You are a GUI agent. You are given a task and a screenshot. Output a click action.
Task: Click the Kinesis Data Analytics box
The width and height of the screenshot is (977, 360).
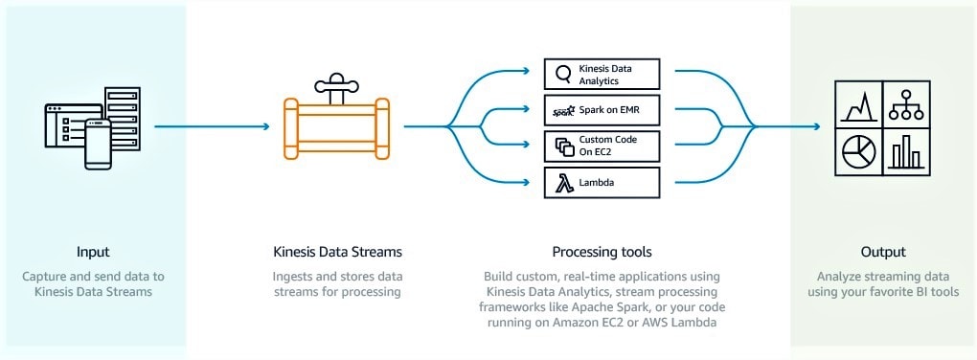pyautogui.click(x=602, y=75)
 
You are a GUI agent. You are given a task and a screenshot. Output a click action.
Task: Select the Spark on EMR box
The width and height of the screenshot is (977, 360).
pyautogui.click(x=602, y=111)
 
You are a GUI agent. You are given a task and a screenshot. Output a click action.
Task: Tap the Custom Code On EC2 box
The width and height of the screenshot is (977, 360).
pyautogui.click(x=602, y=146)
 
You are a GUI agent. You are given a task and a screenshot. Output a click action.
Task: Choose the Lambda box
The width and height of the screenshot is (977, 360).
pyautogui.click(x=602, y=182)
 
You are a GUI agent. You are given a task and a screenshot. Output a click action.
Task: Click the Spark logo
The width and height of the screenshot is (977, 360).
pyautogui.click(x=562, y=111)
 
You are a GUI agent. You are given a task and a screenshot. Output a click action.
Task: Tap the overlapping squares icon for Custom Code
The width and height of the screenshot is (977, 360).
pyautogui.click(x=562, y=146)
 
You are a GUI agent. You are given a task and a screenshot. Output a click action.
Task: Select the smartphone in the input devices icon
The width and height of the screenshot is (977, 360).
pyautogui.click(x=98, y=144)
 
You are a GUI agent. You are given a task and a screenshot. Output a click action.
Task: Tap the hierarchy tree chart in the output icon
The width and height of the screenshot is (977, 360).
pyautogui.click(x=905, y=103)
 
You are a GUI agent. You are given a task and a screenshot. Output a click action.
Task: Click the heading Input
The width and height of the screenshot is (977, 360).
pyautogui.click(x=93, y=252)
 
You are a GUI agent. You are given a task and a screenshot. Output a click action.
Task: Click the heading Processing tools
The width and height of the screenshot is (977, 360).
pyautogui.click(x=602, y=252)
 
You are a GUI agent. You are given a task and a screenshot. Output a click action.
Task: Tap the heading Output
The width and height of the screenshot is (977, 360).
pyautogui.click(x=882, y=252)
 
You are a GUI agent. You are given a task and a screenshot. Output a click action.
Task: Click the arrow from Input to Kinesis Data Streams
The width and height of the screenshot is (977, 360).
pyautogui.click(x=211, y=125)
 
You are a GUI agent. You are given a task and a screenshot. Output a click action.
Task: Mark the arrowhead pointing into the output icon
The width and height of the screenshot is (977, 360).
pyautogui.click(x=817, y=125)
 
